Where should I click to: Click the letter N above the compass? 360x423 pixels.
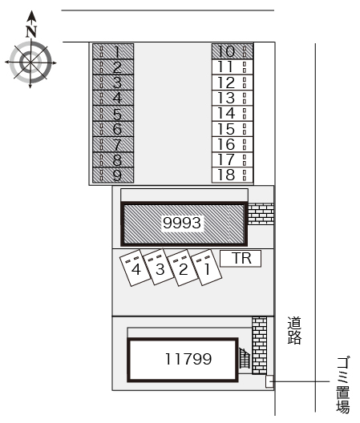[x=31, y=31]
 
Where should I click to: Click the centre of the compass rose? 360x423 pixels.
[x=30, y=62]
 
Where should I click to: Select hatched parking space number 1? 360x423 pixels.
[x=113, y=51]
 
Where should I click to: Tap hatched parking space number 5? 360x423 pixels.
[x=113, y=113]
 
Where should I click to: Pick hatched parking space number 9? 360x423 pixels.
[x=113, y=175]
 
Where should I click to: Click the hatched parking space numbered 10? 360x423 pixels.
[x=233, y=51]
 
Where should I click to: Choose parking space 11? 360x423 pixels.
[x=233, y=67]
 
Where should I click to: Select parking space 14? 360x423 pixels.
[x=233, y=113]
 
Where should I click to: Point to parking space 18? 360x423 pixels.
[x=233, y=175]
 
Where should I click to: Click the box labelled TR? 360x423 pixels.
[x=241, y=259]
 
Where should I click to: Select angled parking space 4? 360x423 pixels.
[x=135, y=268]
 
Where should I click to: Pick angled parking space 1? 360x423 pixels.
[x=207, y=268]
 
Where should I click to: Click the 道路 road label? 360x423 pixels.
[x=294, y=330]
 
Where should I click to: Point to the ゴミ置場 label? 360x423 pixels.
[x=343, y=385]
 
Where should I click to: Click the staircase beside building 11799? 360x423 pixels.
[x=245, y=358]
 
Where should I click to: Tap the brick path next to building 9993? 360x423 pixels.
[x=261, y=214]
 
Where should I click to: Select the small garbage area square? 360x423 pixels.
[x=269, y=381]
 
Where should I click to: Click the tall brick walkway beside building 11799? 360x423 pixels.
[x=259, y=345]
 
